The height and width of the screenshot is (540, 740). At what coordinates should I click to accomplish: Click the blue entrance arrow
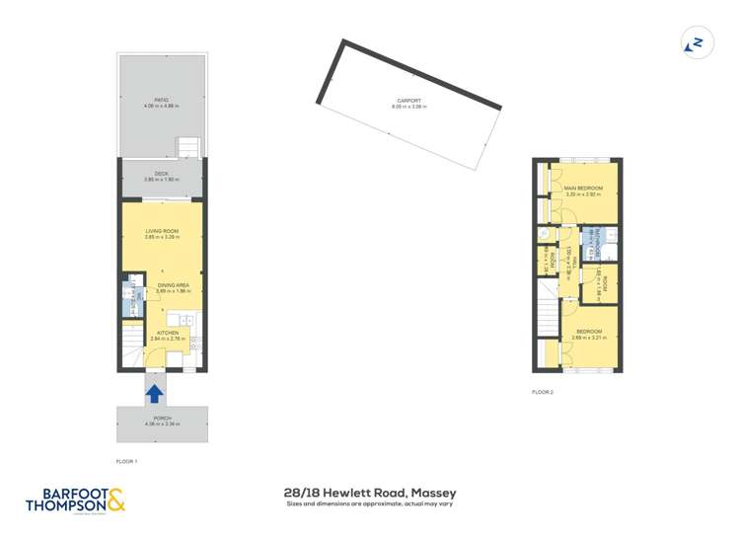coord(155,393)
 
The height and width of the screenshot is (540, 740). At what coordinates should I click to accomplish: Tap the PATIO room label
coord(161,100)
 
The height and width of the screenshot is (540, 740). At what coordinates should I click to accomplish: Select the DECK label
coord(161,174)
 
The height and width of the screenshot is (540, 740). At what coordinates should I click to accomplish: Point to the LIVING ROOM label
coord(161,232)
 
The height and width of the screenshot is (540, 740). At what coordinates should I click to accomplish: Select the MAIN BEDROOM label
coord(583,188)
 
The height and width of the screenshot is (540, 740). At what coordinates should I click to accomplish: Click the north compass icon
coord(696,43)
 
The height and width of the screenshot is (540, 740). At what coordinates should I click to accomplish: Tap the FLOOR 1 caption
coord(127,461)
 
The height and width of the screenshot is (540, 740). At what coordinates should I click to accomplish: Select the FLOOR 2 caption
coord(543,392)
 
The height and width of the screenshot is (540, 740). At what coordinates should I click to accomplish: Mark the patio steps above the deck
coord(189,148)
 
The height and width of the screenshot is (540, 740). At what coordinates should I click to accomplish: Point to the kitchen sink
coord(179,318)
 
